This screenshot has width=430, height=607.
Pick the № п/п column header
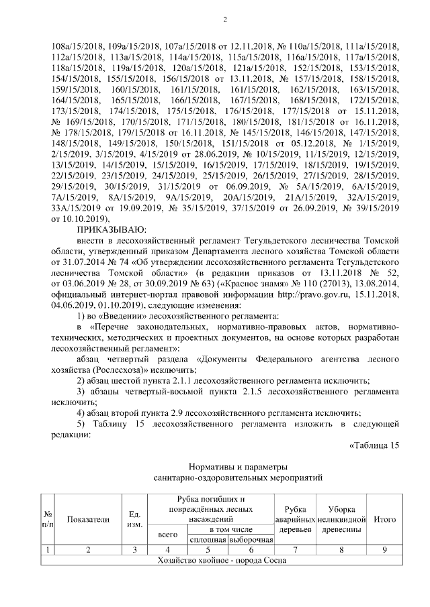point(48,519)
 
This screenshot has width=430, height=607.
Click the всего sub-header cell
point(167,535)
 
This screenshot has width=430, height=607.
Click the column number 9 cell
point(384,550)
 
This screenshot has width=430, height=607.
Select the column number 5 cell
point(208,550)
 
